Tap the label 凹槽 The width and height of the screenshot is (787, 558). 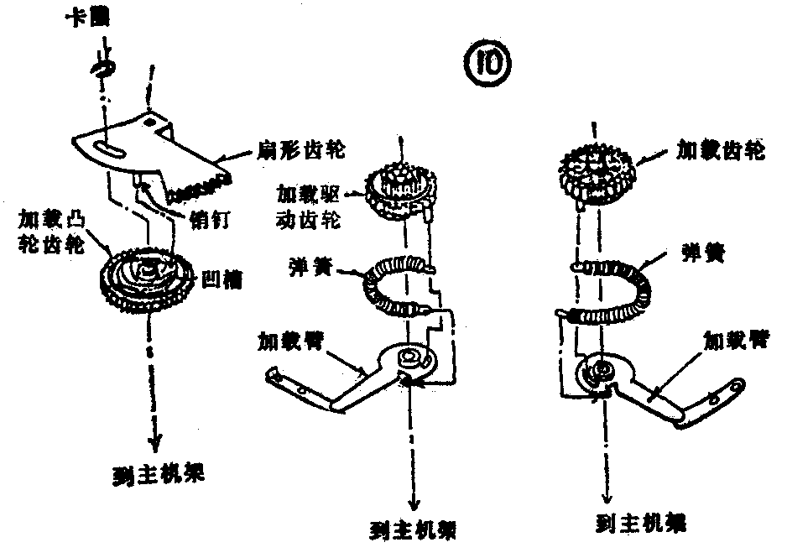point(222,278)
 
